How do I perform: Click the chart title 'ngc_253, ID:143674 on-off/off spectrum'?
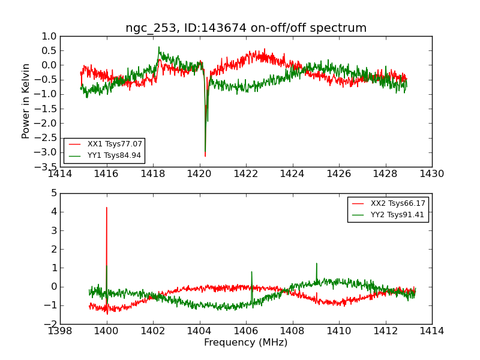click(246, 28)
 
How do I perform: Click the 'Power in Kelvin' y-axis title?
click(26, 101)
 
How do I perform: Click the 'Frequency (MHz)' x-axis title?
click(246, 343)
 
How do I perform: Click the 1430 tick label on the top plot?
click(431, 174)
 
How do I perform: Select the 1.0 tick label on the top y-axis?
click(50, 36)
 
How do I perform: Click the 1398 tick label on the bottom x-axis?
click(60, 331)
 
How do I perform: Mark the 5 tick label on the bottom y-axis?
click(54, 193)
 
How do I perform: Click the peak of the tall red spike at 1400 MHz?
click(107, 208)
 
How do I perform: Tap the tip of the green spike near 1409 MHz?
click(316, 263)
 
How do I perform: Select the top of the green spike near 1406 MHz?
click(251, 271)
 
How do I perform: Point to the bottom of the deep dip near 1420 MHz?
click(205, 156)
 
